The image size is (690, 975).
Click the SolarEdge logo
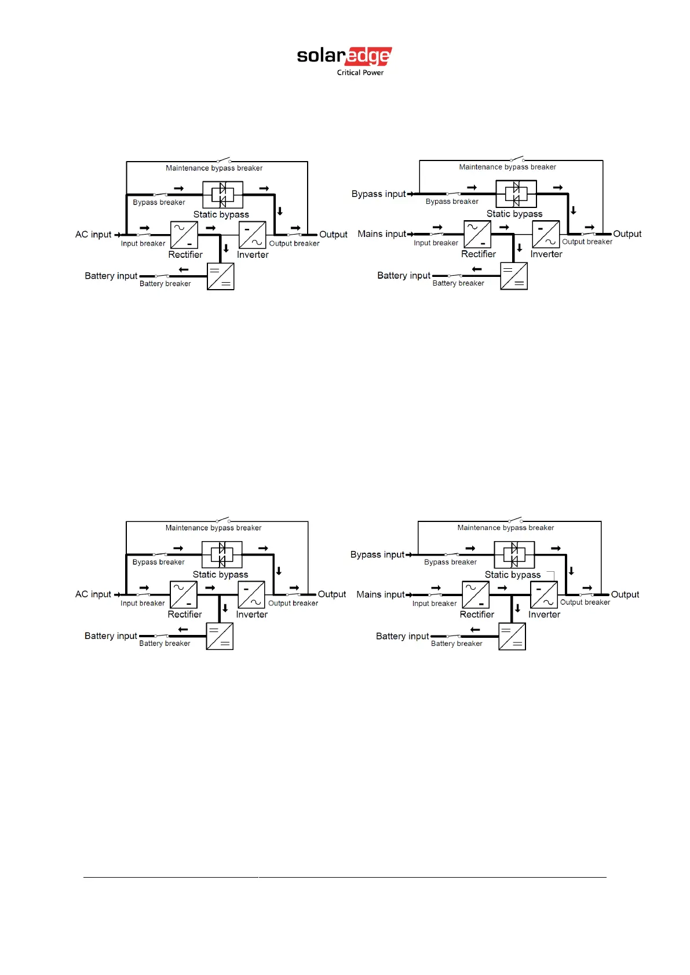click(344, 57)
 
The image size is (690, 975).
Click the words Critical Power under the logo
click(360, 73)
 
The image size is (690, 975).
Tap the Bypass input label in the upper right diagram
click(378, 194)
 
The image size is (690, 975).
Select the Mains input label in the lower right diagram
click(380, 594)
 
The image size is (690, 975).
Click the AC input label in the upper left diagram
click(93, 235)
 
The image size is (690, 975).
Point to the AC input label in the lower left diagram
click(93, 594)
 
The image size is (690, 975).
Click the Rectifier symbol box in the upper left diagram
click(184, 235)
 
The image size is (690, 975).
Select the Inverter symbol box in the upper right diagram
click(546, 234)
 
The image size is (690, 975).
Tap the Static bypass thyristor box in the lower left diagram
click(222, 555)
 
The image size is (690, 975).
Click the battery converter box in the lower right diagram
click(512, 636)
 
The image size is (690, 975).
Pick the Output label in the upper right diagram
click(627, 234)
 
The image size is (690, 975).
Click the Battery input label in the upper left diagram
click(111, 276)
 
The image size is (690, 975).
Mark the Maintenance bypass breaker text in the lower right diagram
click(505, 528)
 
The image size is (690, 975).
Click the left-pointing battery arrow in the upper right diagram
click(477, 269)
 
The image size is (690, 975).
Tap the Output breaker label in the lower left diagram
click(293, 603)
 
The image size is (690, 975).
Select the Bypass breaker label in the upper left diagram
click(159, 202)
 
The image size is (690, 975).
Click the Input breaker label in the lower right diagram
click(435, 604)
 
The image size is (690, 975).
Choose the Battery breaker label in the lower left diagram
click(165, 644)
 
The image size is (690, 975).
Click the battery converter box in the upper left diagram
click(221, 276)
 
